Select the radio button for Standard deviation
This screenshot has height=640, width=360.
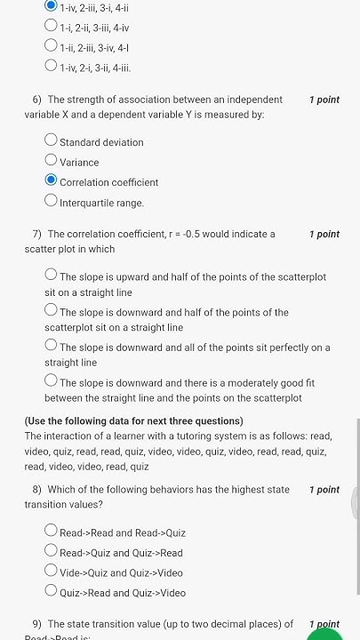[x=51, y=140]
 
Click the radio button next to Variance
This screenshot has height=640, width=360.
[x=51, y=161]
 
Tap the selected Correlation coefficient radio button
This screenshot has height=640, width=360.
[x=51, y=181]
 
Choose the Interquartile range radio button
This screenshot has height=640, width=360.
[x=51, y=202]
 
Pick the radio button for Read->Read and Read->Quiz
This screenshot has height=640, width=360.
[x=51, y=532]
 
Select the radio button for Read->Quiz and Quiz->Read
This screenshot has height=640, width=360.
[x=51, y=551]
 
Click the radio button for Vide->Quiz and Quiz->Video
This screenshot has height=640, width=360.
[x=51, y=572]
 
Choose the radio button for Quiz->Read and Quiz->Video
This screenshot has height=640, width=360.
[x=51, y=591]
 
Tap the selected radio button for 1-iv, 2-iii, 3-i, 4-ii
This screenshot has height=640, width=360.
[x=51, y=5]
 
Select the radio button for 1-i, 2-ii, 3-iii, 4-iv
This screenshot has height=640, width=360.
[x=51, y=27]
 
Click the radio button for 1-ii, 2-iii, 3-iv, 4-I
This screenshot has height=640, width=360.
[x=51, y=46]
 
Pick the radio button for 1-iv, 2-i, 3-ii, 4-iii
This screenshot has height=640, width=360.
[x=51, y=66]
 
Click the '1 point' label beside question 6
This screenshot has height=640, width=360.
[x=324, y=100]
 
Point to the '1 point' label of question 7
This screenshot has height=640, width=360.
[x=324, y=234]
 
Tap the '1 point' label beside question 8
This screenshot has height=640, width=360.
[x=324, y=490]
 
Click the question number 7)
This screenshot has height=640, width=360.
[x=37, y=235]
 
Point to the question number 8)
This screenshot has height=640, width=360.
[x=37, y=490]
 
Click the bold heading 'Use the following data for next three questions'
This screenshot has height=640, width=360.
[x=133, y=421]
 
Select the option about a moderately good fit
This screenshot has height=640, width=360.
[x=51, y=381]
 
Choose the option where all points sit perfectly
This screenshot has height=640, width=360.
[x=51, y=346]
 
